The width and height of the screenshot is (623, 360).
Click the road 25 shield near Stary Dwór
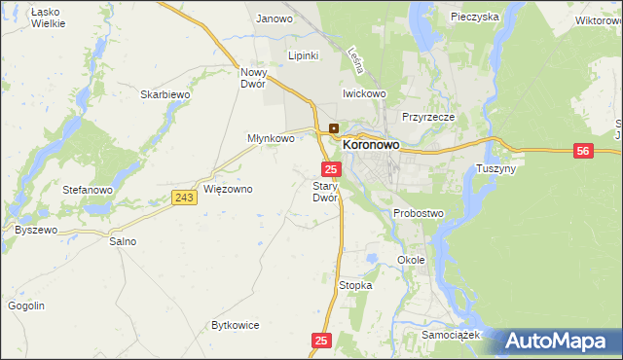[x=331, y=169]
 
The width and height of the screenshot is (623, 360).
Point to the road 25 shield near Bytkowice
[x=323, y=341]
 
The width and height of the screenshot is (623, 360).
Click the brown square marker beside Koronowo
[x=334, y=127]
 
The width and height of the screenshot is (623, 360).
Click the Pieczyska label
[x=475, y=17]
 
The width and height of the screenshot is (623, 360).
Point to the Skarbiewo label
[x=164, y=94]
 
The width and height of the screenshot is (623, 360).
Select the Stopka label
[x=355, y=285]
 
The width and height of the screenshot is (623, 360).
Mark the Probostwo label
[x=419, y=213]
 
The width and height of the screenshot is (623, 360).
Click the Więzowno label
[x=228, y=189]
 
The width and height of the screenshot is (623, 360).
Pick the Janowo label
[x=275, y=18]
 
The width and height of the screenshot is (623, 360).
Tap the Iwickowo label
[x=364, y=93]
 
